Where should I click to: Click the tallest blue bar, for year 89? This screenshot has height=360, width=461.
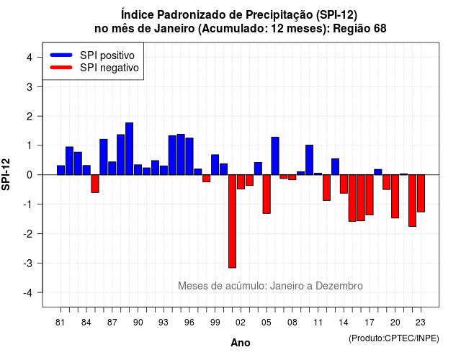[129, 149]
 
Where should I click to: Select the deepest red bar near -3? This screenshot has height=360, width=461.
[232, 221]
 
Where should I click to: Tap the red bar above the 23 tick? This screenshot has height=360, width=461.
[421, 194]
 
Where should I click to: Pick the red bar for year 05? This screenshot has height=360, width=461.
[267, 194]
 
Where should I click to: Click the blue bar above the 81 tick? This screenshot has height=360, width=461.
[61, 170]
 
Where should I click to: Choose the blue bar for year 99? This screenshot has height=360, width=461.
[215, 165]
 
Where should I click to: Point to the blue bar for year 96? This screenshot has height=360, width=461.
[189, 156]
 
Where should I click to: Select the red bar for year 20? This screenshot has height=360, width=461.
[395, 197]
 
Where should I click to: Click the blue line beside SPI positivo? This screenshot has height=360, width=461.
[61, 55]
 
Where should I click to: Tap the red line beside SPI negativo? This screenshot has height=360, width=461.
[61, 68]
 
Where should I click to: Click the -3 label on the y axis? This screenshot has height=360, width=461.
[28, 263]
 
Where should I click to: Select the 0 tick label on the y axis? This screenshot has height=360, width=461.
[30, 175]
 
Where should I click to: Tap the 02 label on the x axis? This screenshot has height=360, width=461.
[241, 323]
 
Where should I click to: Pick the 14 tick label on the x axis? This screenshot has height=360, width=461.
[344, 323]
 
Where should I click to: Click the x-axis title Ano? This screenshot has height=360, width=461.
[241, 343]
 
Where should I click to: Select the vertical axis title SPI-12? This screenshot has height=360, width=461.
[6, 174]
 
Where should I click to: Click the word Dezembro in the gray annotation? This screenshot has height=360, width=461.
[339, 286]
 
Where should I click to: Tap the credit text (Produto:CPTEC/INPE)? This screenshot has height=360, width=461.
[394, 338]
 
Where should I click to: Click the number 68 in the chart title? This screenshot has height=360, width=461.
[380, 29]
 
